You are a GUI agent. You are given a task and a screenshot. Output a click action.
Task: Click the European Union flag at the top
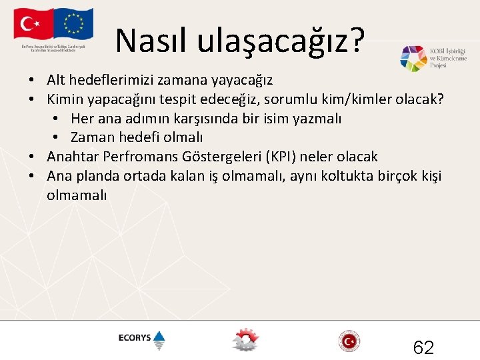click(74, 25)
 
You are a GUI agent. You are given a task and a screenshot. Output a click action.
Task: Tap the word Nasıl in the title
click(151, 41)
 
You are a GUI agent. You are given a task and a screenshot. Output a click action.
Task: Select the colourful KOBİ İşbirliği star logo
click(413, 59)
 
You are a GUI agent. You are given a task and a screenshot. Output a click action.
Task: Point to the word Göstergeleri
click(218, 157)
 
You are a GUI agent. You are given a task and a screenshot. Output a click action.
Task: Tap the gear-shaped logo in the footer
click(245, 340)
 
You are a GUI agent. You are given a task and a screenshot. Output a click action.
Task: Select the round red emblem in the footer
click(349, 341)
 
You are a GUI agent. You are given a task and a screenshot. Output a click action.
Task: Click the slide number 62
click(423, 347)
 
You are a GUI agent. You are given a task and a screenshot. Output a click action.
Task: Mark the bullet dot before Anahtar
click(32, 157)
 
